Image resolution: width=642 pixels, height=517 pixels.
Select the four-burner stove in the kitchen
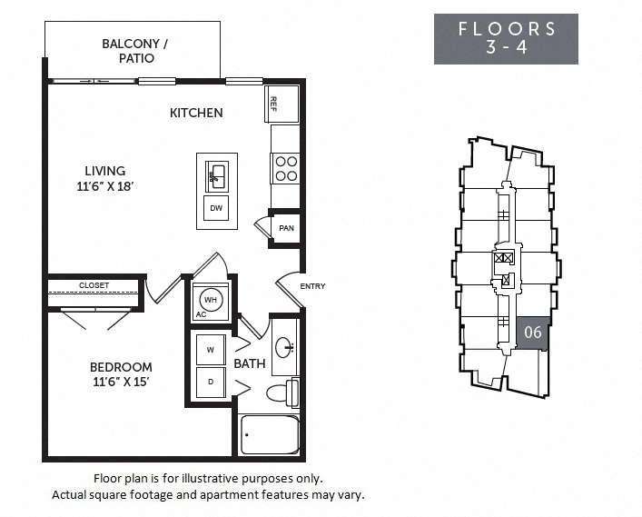[x=285, y=169]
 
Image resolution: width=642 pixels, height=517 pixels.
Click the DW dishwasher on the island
[x=216, y=209]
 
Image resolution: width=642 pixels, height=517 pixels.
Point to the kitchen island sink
[x=217, y=175]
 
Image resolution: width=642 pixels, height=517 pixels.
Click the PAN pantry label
[x=286, y=228]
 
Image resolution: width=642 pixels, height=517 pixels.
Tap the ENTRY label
[x=312, y=287]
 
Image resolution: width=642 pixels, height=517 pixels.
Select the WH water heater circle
[x=210, y=299]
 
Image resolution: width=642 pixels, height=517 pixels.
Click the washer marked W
[x=211, y=350]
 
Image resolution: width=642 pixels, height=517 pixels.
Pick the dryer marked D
[x=211, y=382]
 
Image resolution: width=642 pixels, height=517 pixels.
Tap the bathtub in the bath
[x=270, y=434]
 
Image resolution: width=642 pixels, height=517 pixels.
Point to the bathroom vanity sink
[x=285, y=346]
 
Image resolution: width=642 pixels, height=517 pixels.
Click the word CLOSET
[x=94, y=285]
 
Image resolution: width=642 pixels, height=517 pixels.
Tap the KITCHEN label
[x=196, y=113]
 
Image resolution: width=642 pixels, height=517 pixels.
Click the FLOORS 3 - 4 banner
[x=506, y=38]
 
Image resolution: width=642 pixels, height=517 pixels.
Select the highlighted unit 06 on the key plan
[x=533, y=333]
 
